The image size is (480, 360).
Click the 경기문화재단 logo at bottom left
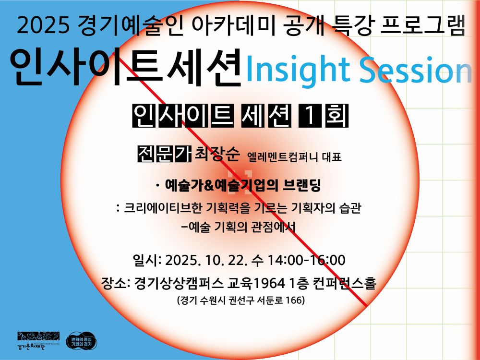(38, 340)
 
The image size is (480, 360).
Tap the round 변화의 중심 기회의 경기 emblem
(81, 341)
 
